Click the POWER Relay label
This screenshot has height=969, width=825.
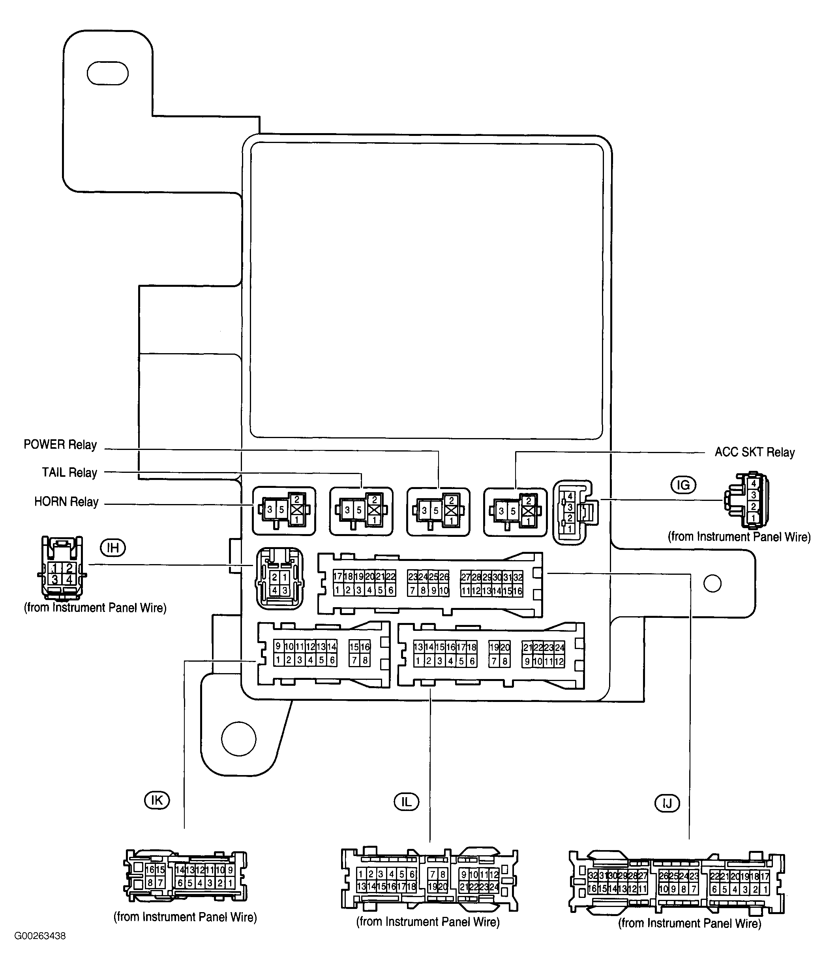(x=60, y=444)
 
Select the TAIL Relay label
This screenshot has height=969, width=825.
(x=69, y=472)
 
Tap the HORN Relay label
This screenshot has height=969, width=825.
(x=66, y=502)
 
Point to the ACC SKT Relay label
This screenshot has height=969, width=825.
(x=754, y=452)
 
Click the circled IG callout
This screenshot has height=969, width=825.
(x=683, y=485)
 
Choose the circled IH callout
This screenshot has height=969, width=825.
(x=112, y=548)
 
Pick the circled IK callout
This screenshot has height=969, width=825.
(x=157, y=800)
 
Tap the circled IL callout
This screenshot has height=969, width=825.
(x=406, y=802)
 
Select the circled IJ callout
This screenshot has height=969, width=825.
(x=667, y=803)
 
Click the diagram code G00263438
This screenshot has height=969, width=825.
(x=40, y=936)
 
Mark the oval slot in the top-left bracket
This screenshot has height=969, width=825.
(x=107, y=73)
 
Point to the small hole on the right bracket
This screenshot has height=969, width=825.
(x=712, y=583)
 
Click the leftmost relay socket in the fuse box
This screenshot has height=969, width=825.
(x=284, y=511)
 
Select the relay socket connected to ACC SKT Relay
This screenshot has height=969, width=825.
(x=515, y=511)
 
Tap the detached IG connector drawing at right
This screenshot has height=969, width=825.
(x=747, y=500)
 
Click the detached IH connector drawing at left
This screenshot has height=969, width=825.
(x=62, y=568)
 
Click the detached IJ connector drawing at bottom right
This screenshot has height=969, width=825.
(x=676, y=882)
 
